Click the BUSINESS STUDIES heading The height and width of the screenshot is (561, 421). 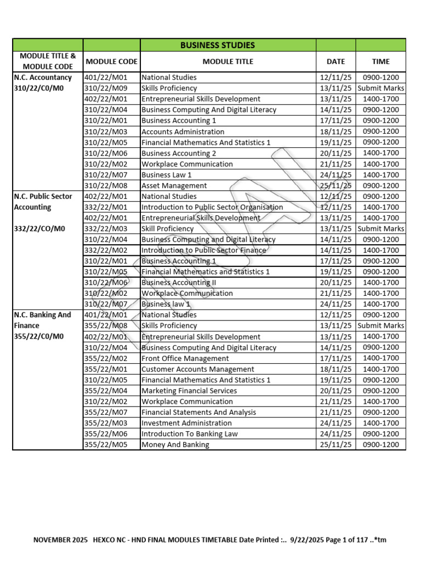pos(218,45)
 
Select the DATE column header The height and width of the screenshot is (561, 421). pos(335,61)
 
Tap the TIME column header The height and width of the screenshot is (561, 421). pos(381,61)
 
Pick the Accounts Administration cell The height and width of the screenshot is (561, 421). pos(183,131)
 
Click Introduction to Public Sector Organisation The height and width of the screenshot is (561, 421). pos(212,207)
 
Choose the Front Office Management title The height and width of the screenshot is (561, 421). pos(185,358)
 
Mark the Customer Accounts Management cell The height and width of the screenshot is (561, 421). pos(197,369)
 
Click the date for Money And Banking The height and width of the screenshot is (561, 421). pos(335,445)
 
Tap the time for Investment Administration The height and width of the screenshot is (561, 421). pos(381,423)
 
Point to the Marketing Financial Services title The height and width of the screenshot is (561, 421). pos(189,391)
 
